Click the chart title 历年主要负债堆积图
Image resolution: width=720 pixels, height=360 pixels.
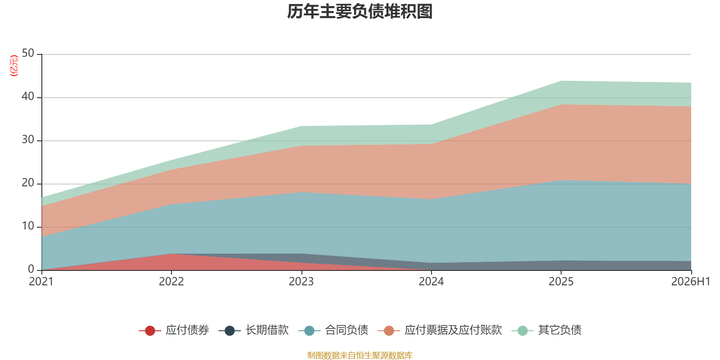(360, 12)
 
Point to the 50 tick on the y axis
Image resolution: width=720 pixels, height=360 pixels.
(28, 54)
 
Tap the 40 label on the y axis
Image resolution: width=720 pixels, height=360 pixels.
(28, 96)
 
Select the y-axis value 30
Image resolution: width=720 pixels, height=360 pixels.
(28, 140)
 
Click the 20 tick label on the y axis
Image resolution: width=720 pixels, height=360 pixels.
(28, 183)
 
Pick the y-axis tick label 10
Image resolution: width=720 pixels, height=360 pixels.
(28, 226)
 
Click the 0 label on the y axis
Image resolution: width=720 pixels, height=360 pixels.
(31, 269)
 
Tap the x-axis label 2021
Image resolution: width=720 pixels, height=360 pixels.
(41, 282)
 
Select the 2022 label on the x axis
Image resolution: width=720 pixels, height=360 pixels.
(171, 282)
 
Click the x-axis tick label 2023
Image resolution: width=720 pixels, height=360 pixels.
(301, 282)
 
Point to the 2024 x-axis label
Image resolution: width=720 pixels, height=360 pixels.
(431, 282)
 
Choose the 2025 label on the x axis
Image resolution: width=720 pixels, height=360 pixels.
(561, 282)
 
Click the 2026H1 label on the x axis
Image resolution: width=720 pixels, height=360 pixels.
(690, 282)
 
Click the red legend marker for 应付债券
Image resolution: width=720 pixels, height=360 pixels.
(150, 330)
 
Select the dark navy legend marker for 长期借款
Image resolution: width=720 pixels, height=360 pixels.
(229, 330)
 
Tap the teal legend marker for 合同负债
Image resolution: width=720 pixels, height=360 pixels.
(309, 330)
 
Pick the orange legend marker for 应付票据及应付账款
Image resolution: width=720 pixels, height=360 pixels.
(389, 330)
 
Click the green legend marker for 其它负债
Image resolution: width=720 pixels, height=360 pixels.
(522, 330)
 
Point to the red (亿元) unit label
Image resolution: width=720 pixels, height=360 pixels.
(14, 66)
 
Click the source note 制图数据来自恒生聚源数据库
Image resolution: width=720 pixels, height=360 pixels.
(360, 355)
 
